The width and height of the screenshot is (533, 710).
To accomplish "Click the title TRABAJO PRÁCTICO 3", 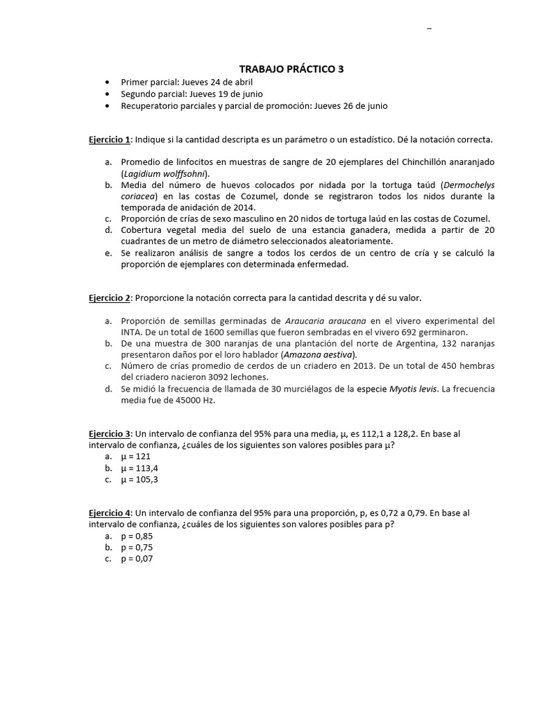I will tap(291, 69).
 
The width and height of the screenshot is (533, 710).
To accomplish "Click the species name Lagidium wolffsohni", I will tap(164, 173).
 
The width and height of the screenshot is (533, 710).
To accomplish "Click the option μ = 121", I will tap(135, 456).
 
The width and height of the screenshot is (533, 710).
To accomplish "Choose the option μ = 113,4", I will tap(139, 468).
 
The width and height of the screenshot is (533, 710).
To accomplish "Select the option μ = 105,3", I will tap(139, 479).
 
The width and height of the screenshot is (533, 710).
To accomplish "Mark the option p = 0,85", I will tap(137, 536).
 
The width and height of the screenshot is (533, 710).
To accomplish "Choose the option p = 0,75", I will tap(137, 547).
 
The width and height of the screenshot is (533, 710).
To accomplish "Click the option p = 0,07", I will tap(137, 558).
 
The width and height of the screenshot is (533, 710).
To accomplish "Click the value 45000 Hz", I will tap(179, 400).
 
